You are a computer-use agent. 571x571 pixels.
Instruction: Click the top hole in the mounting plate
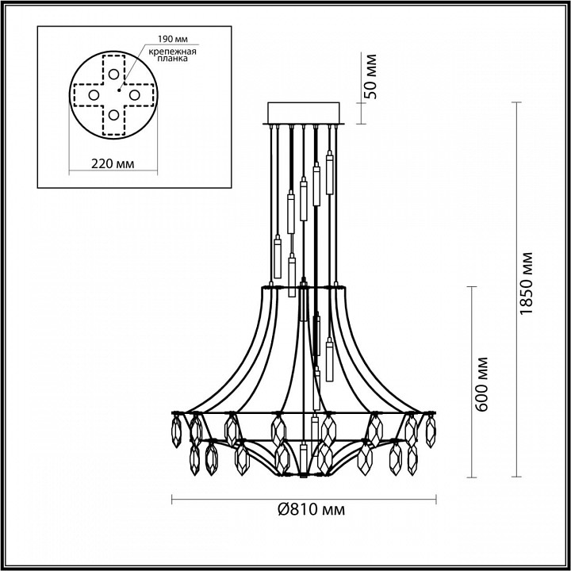point(114,75)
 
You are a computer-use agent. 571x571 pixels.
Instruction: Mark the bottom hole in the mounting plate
point(114,116)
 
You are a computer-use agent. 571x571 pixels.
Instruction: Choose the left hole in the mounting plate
point(94,95)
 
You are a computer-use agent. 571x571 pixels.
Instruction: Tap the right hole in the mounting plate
point(135,95)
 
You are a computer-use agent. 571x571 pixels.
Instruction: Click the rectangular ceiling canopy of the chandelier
point(305,113)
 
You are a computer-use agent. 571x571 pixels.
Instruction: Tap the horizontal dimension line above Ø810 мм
point(305,499)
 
